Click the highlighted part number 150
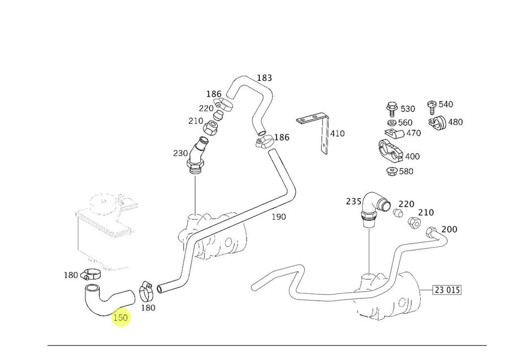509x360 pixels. pos(120,318)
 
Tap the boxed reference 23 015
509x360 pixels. pos(447,290)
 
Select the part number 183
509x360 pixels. pos(264,78)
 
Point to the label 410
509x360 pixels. pos(337,134)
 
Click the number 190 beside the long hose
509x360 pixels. pos(278,216)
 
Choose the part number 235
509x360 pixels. pos(353,201)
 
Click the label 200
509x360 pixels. pos(449,229)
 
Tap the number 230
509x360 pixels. pos(180,153)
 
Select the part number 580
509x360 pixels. pos(406,171)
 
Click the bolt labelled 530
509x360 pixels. pos(391,107)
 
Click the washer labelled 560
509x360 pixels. pos(391,122)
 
